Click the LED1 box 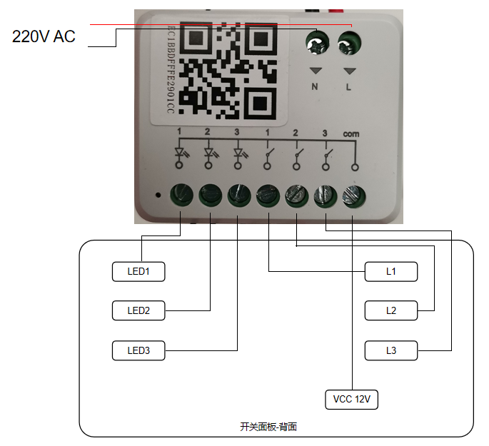pyautogui.click(x=138, y=271)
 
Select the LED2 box pyautogui.click(x=138, y=310)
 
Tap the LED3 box pyautogui.click(x=138, y=350)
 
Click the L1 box pyautogui.click(x=391, y=271)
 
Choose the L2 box pyautogui.click(x=391, y=310)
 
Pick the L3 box pyautogui.click(x=391, y=350)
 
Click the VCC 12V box pyautogui.click(x=351, y=399)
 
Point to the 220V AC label pyautogui.click(x=44, y=36)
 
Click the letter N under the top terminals pyautogui.click(x=315, y=87)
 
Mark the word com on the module pyautogui.click(x=351, y=133)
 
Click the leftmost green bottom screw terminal pyautogui.click(x=181, y=194)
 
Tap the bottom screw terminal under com pyautogui.click(x=353, y=194)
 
